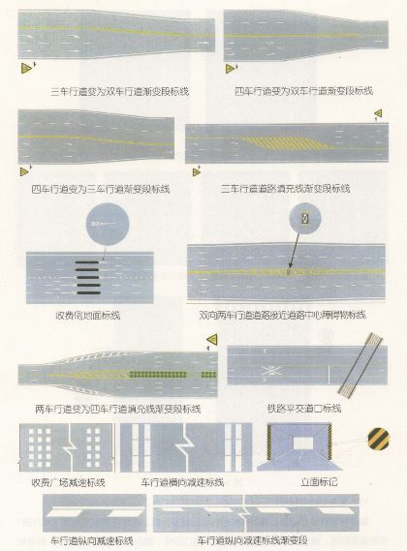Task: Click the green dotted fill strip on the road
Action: pos(164,374)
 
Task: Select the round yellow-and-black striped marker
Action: pos(380,442)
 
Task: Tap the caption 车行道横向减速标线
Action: pos(182,481)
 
